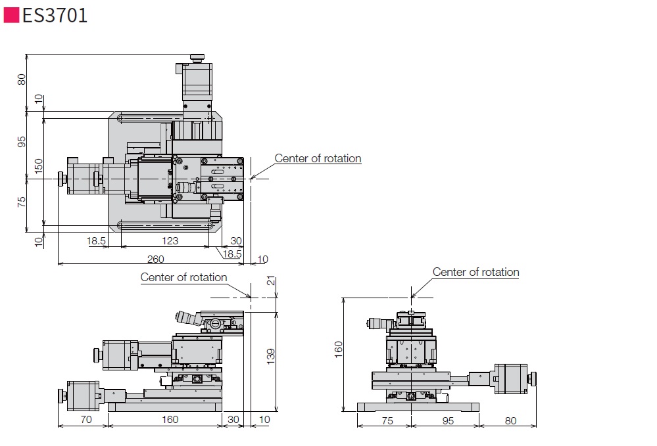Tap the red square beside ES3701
[11, 15]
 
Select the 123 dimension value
[170, 241]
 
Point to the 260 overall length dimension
[155, 259]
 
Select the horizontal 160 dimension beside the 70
[170, 420]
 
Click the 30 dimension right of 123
[236, 241]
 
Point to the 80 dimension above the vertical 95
[22, 79]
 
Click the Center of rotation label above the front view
[475, 272]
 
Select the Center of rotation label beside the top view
[318, 158]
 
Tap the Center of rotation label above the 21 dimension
[183, 277]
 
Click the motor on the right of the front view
[511, 379]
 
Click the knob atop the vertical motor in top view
[197, 58]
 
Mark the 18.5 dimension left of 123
[96, 241]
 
